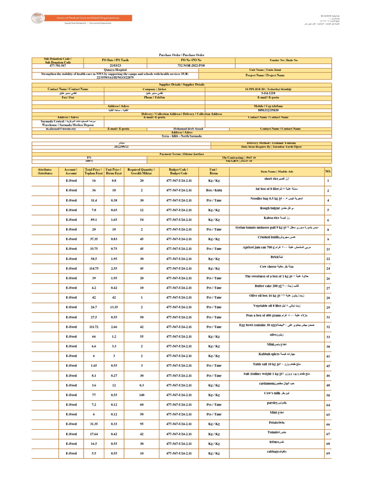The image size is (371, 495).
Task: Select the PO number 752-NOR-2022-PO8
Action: click(191, 65)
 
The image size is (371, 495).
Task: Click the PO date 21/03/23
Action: click(115, 65)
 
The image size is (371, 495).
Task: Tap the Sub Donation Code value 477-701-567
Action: click(57, 65)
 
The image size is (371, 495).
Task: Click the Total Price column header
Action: click(94, 172)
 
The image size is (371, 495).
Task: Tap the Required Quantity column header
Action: click(142, 172)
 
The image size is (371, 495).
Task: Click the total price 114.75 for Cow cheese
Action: click(94, 268)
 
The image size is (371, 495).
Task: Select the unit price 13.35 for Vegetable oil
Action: click(114, 307)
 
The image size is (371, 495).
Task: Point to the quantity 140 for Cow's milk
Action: click(142, 394)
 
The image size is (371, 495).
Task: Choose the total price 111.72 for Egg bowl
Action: click(94, 326)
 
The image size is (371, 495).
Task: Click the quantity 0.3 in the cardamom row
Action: click(142, 385)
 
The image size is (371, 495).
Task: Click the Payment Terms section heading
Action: click(182, 154)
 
